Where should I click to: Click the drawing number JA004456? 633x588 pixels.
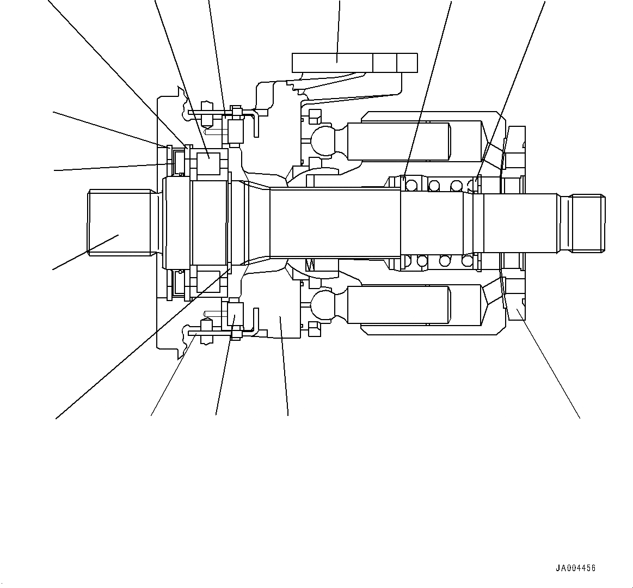click(x=575, y=568)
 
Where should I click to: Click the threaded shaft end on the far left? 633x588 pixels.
click(x=120, y=222)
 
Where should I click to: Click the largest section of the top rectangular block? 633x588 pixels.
click(x=333, y=63)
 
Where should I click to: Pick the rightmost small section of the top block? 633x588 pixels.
click(x=407, y=63)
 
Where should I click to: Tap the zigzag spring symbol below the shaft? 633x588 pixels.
click(x=311, y=265)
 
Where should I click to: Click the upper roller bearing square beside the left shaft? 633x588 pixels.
click(x=208, y=164)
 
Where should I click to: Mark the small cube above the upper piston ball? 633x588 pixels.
click(x=314, y=116)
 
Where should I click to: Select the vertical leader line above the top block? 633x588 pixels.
click(x=339, y=27)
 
